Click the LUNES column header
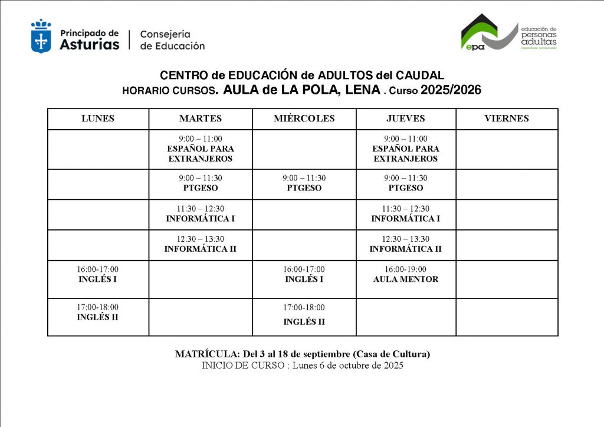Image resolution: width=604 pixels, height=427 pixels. pos(98,119)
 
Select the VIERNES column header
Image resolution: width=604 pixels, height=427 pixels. pos(507,119)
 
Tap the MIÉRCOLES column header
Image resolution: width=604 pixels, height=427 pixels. pos(304,119)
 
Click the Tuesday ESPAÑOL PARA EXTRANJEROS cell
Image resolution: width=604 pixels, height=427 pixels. pos(201,149)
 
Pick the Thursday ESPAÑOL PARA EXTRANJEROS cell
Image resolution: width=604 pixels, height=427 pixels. pos(406,149)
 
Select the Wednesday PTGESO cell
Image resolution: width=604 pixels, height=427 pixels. pos(304,183)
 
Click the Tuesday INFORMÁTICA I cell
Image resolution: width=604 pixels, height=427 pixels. pos(201,214)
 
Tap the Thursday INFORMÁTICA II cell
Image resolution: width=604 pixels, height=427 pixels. pos(406,244)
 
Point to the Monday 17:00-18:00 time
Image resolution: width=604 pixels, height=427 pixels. pos(98,307)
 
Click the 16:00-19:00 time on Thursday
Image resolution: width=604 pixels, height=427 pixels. pos(406,270)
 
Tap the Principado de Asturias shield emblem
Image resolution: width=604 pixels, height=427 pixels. pos(41,36)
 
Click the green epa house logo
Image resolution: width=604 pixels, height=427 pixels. pos(479,32)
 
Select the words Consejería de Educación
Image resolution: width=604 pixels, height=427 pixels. pos(172,40)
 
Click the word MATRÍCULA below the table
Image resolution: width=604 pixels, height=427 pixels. pos(206,354)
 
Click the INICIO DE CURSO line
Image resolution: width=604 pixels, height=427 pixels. pos(302,366)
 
